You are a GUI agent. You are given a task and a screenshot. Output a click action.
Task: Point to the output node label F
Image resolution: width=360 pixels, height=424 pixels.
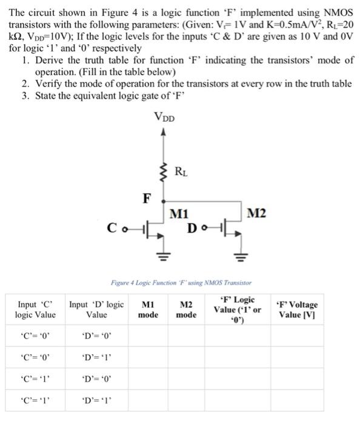[146, 197]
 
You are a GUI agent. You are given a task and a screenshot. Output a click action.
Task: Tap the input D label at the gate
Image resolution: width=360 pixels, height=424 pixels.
[193, 228]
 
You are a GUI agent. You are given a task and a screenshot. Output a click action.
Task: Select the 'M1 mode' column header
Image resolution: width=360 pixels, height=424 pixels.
[148, 310]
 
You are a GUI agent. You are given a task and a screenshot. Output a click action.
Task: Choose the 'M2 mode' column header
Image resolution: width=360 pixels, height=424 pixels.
[186, 310]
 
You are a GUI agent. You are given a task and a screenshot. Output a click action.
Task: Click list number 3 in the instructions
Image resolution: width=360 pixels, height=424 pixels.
[25, 96]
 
